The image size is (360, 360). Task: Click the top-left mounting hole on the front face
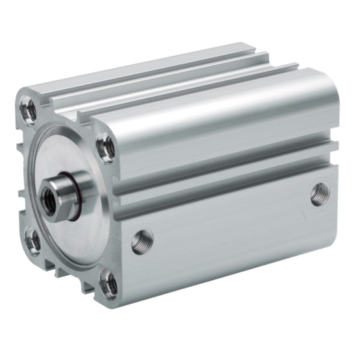pos(29,111)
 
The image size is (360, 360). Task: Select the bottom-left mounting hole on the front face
pos(32,241)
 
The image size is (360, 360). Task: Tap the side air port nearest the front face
pos(142,242)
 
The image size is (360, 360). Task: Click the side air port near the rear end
pos(319,194)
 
